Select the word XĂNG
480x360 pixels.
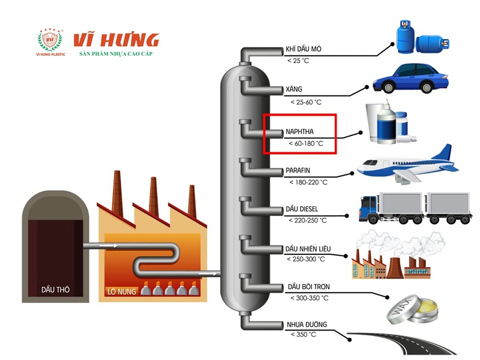pyautogui.click(x=294, y=90)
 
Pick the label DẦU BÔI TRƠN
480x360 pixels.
pyautogui.click(x=308, y=287)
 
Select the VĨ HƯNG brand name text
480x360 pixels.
pyautogui.click(x=116, y=40)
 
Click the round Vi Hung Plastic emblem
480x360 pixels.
pyautogui.click(x=50, y=40)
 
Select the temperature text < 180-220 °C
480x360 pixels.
pyautogui.click(x=308, y=182)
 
